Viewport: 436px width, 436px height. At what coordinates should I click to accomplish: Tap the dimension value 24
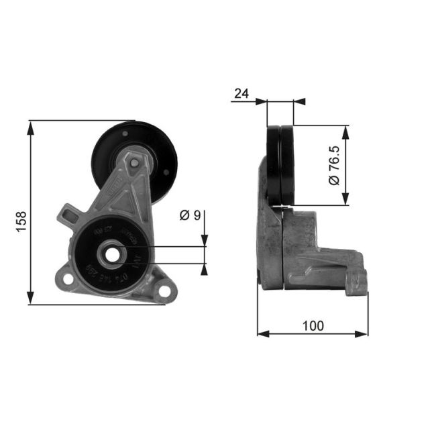pyautogui.click(x=241, y=93)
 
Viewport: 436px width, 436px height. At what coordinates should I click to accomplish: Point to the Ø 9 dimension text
pyautogui.click(x=190, y=216)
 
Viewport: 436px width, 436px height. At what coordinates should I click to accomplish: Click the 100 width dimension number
pyautogui.click(x=313, y=326)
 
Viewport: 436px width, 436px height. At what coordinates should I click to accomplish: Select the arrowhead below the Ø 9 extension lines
pyautogui.click(x=204, y=270)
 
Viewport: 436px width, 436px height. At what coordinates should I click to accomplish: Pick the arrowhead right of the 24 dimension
pyautogui.click(x=300, y=102)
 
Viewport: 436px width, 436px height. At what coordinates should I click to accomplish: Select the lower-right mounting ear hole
pyautogui.click(x=163, y=290)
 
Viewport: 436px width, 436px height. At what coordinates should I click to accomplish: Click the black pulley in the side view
pyautogui.click(x=280, y=165)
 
